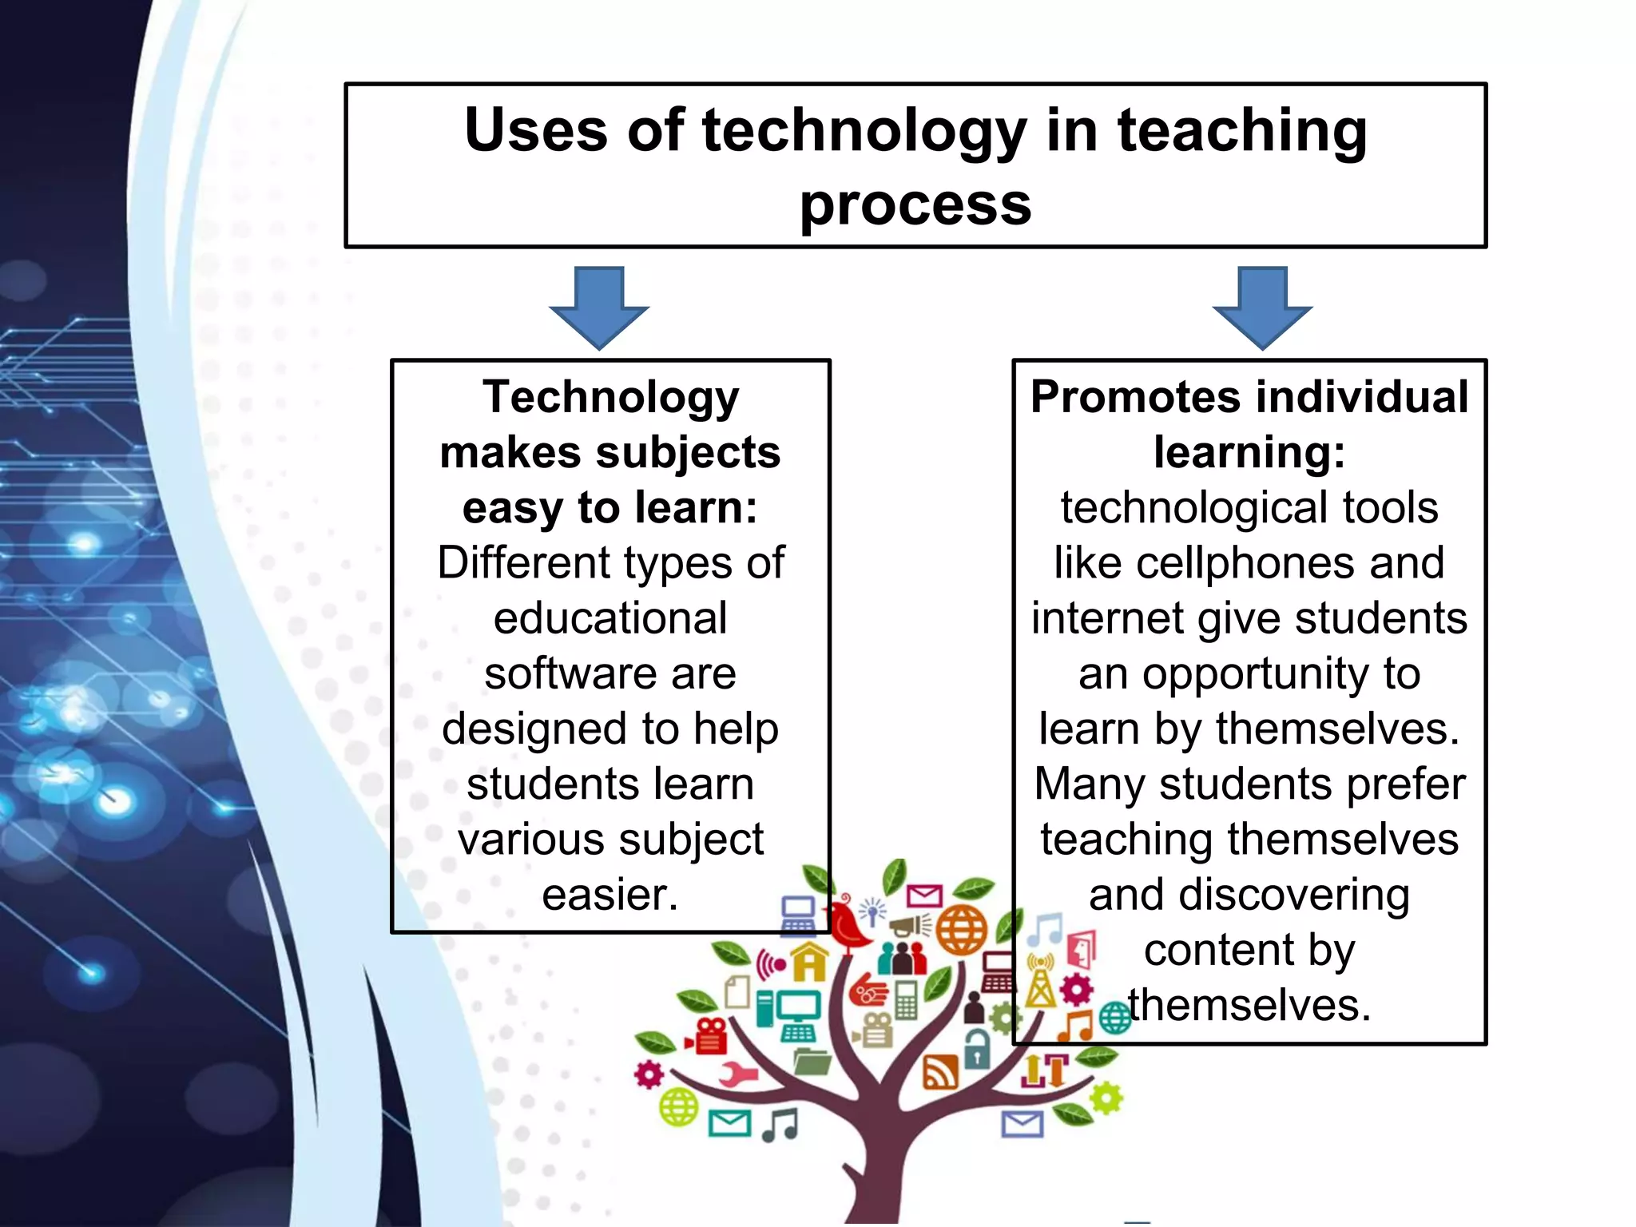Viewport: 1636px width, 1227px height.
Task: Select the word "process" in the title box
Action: [915, 205]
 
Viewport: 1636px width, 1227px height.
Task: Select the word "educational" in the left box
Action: [610, 618]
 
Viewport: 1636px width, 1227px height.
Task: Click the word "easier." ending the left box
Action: [610, 895]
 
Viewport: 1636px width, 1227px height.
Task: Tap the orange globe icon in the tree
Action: [961, 930]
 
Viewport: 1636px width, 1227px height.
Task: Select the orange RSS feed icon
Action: [940, 1072]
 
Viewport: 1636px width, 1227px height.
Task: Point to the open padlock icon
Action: [977, 1048]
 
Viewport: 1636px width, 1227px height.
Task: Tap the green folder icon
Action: [812, 1061]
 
